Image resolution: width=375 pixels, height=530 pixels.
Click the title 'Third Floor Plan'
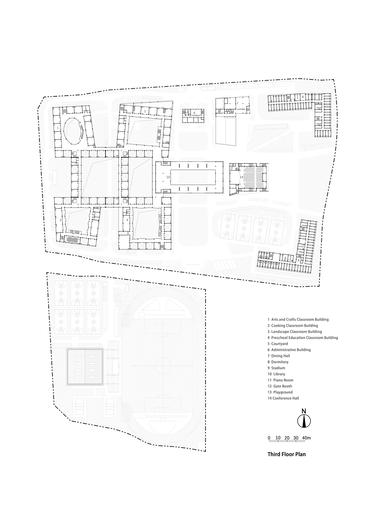286,454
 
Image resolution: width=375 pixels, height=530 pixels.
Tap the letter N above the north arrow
304,411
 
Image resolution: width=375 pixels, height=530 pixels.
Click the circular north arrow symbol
304,421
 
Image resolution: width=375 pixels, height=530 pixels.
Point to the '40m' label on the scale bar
307,438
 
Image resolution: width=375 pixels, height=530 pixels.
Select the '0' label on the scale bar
269,438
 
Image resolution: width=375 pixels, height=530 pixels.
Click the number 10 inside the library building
168,177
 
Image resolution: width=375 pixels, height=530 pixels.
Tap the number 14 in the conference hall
241,177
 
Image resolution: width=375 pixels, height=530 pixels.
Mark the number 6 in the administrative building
194,113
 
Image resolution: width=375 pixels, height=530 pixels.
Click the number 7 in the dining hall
237,103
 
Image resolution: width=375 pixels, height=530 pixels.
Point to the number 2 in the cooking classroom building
145,111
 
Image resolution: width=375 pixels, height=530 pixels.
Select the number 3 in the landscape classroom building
60,220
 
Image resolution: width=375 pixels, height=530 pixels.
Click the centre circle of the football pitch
163,365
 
